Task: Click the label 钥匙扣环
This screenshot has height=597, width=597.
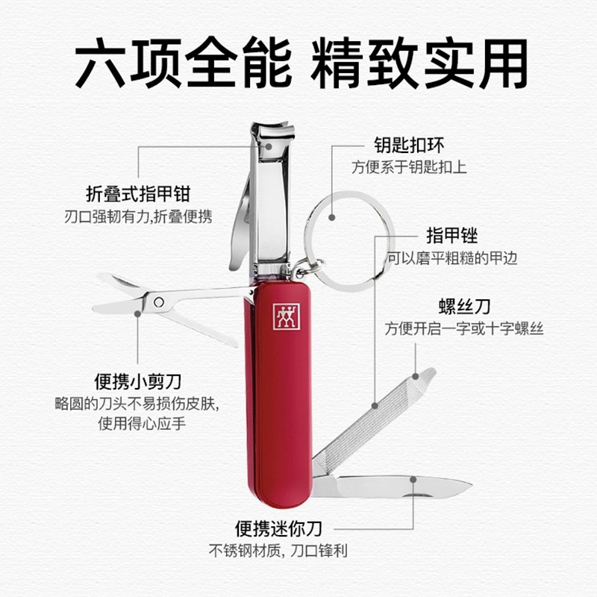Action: pos(409,145)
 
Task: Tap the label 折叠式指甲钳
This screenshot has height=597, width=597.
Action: pos(138,194)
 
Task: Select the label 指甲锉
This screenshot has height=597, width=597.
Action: pos(452,235)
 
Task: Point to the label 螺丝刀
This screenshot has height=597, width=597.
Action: pos(464,307)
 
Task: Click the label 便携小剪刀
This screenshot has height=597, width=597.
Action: pos(138,382)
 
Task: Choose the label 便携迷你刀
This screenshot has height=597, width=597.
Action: pos(278,528)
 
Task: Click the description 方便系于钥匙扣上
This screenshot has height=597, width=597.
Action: pos(409,167)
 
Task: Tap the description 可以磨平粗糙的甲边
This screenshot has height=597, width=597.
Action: pos(453,258)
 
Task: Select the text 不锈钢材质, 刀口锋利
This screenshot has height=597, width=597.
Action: pos(278,551)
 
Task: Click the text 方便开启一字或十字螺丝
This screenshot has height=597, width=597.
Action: pos(464,328)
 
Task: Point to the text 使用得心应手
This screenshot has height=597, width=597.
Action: pos(142,423)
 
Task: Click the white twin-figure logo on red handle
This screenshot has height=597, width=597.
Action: pos(287,316)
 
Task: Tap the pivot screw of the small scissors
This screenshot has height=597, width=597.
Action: pos(159,302)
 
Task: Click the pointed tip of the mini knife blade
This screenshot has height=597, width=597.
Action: pos(472,484)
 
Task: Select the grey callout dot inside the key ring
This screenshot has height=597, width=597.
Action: pos(332,217)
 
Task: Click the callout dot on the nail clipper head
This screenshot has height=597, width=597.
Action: pos(269,146)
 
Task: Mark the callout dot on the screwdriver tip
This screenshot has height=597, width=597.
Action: pos(416,377)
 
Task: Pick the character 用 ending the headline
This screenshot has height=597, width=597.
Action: pos(503,63)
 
